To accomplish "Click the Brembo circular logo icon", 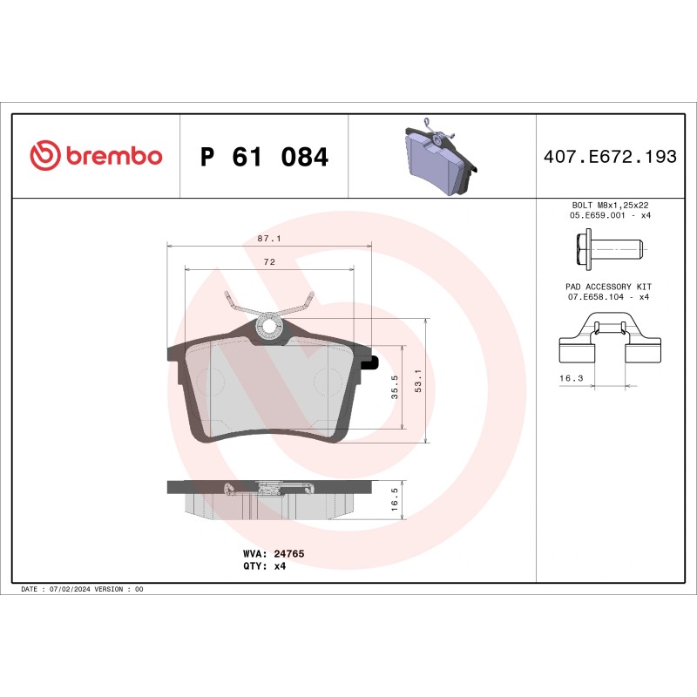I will pos(45,156).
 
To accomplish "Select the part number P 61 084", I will pos(264,158).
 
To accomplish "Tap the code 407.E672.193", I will pos(610,158).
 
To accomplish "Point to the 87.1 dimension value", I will pos(268,238).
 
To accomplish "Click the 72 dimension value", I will pos(269,261).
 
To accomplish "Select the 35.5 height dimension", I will pos(396,387).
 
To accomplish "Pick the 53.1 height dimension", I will pos(418,381).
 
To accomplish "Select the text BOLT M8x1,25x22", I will pos(609,205).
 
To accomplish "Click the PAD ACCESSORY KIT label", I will pos(609,287).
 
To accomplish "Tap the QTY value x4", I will pos(281,565).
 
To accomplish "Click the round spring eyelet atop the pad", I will pos(269,327).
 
